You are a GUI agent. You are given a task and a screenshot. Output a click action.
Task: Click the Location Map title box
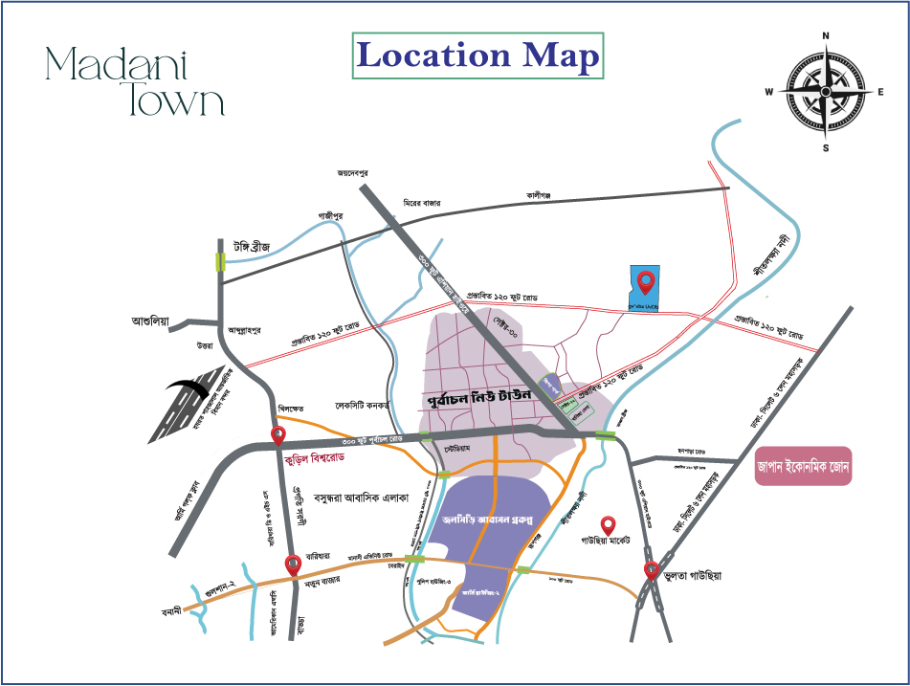(477, 55)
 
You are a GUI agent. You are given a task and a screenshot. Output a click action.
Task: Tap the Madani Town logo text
(134, 80)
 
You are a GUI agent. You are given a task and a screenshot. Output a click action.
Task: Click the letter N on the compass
(826, 36)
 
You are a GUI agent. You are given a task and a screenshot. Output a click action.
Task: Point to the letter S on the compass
(826, 147)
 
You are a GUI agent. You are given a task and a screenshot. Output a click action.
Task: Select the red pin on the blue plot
(646, 281)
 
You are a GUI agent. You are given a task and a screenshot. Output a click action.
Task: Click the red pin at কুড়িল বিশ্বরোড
(278, 436)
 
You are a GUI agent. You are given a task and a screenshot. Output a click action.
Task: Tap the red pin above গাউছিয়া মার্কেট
(607, 525)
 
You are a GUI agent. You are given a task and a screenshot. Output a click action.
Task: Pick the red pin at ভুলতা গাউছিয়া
(652, 572)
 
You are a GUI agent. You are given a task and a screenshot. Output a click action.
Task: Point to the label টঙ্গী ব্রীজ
(246, 247)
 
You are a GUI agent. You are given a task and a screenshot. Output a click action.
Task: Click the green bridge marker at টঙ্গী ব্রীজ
(221, 261)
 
